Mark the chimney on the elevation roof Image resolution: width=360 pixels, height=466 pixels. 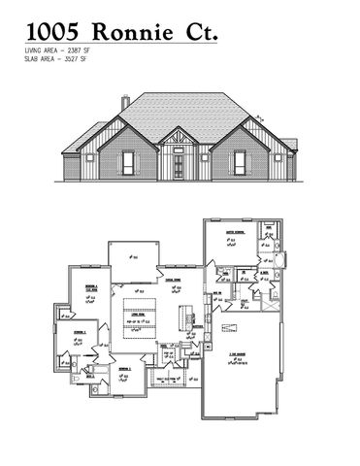125,102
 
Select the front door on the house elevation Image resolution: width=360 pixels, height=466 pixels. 180,166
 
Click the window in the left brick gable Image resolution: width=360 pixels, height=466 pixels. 126,163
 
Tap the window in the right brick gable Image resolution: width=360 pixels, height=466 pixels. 239,163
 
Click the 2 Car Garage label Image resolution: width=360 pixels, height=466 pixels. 235,355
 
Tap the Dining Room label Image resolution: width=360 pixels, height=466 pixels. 176,279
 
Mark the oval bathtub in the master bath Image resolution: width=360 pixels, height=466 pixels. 280,260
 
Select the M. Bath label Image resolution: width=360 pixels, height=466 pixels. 264,273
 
